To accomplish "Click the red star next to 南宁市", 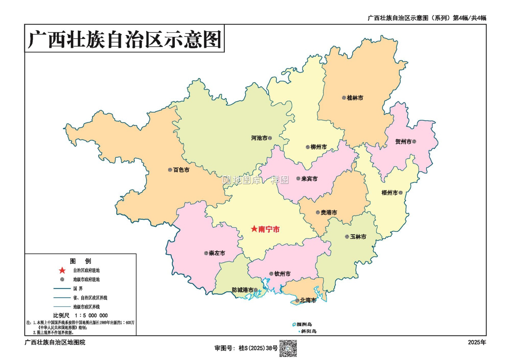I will tap(254, 229).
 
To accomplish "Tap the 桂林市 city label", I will tap(355, 98).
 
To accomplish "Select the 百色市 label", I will tap(181, 170).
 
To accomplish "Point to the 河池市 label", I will tap(259, 138).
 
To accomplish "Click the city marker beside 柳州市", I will tap(308, 147).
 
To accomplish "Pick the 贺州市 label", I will tap(403, 141).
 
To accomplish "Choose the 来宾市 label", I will tap(309, 179).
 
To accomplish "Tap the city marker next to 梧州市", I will tap(401, 193).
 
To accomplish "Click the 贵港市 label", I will tap(329, 212).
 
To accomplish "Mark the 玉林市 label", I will tap(358, 237).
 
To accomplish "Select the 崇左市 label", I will tap(217, 253).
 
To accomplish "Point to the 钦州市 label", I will tap(282, 274).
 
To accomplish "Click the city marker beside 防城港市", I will tap(255, 290).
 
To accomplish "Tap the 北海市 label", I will tap(308, 300).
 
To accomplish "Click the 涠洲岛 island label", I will tap(304, 324).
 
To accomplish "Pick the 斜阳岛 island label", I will tap(309, 331).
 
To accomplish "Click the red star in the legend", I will tap(62, 271).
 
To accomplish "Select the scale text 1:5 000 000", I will tap(91, 316).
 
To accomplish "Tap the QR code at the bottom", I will tap(288, 348).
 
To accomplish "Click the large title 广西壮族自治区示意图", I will tap(124, 39).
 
